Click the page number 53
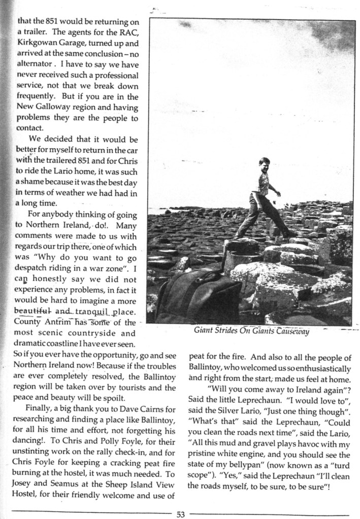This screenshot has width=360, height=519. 180,513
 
